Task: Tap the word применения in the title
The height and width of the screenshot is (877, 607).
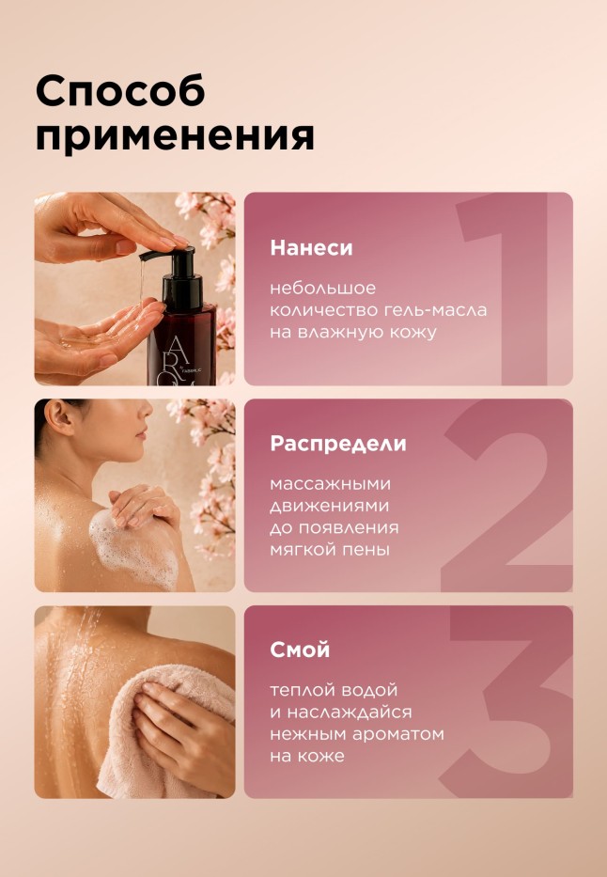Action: point(175,135)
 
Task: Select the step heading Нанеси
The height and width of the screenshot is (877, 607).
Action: point(311,248)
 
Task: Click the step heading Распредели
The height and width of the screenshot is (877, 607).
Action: point(338,444)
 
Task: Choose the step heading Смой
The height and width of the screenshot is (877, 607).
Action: point(300,650)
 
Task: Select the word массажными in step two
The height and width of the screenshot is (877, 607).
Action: point(331,484)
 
